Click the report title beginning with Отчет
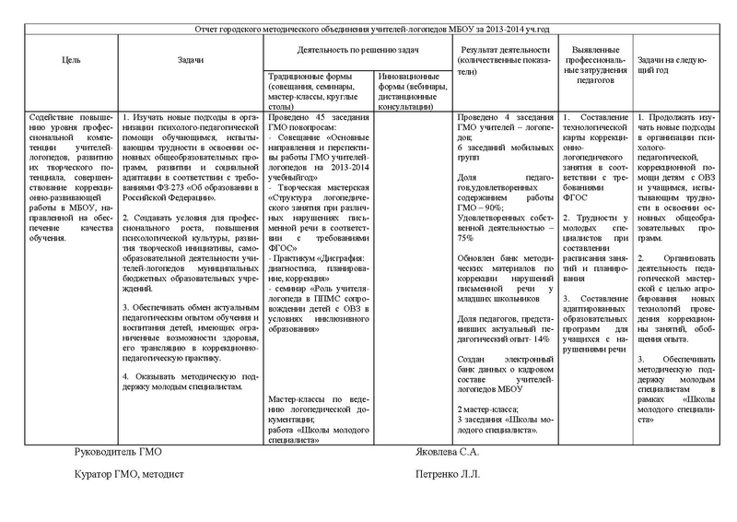(x=369, y=31)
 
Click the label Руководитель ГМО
(x=121, y=454)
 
